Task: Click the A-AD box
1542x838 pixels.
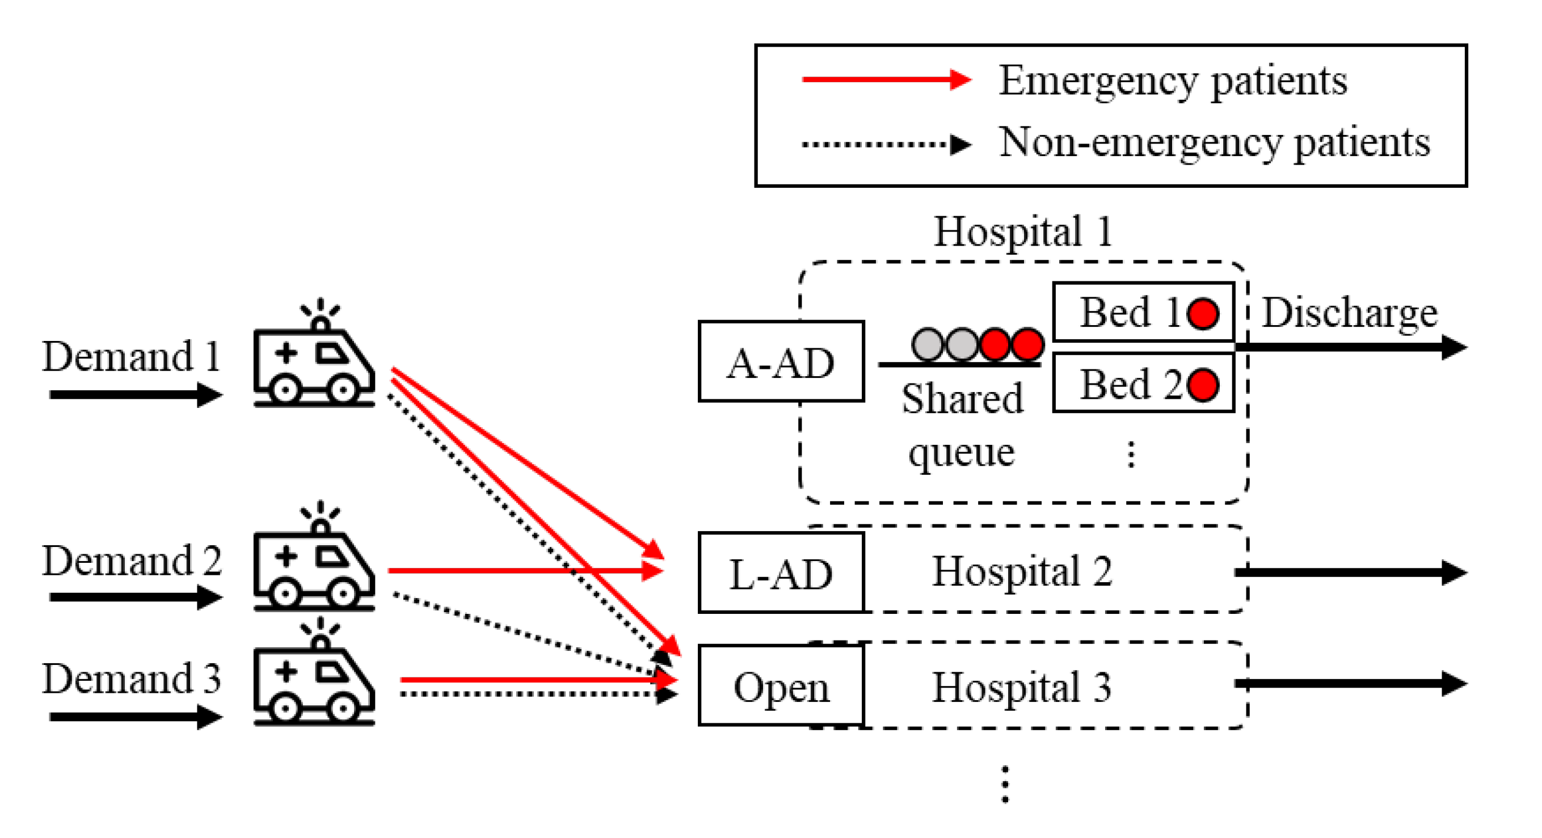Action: [x=781, y=361]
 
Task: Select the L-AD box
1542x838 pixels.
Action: [x=781, y=573]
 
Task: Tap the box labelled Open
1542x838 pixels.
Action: [x=781, y=686]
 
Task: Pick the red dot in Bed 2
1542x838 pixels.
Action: [x=1203, y=385]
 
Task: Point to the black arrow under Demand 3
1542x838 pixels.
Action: [x=135, y=717]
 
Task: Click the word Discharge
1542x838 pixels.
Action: [x=1349, y=313]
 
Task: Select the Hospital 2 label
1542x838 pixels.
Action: [x=1022, y=572]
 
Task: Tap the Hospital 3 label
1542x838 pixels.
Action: [x=1022, y=687]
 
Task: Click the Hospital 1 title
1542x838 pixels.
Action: [x=1023, y=232]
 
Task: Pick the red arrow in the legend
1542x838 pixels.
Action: [x=886, y=79]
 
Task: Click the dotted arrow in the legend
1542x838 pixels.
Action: [x=886, y=144]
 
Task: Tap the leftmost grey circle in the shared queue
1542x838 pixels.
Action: [x=928, y=345]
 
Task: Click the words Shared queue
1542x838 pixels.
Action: [x=962, y=424]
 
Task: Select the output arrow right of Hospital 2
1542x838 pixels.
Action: [x=1350, y=573]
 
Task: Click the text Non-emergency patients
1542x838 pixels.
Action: [x=1215, y=143]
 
